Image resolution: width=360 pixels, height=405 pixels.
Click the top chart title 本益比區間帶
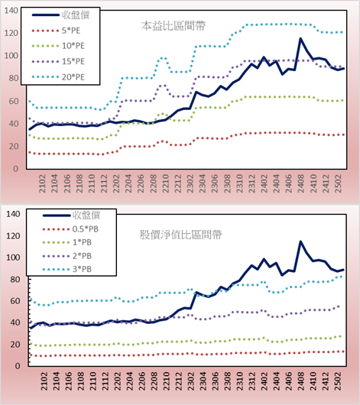click(x=174, y=26)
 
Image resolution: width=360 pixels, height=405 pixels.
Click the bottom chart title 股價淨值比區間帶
click(x=180, y=235)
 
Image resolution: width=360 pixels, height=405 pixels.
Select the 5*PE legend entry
click(x=56, y=31)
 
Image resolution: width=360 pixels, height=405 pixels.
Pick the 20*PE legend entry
click(x=58, y=77)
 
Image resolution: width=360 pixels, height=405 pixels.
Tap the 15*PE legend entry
click(x=58, y=61)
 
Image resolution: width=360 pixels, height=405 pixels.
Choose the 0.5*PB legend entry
click(x=70, y=229)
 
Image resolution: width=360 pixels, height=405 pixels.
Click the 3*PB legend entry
click(x=67, y=269)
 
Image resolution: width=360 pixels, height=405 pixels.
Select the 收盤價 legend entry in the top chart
click(x=60, y=15)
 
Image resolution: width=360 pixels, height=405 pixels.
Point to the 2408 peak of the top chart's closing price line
click(x=300, y=39)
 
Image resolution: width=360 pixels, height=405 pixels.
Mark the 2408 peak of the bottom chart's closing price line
click(x=300, y=241)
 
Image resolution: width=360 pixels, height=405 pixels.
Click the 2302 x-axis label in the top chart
click(x=190, y=183)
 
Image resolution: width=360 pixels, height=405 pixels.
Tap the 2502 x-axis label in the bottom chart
click(x=339, y=381)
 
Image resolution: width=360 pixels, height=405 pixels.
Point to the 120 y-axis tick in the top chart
click(x=11, y=33)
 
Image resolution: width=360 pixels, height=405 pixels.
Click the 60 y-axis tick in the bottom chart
click(x=15, y=301)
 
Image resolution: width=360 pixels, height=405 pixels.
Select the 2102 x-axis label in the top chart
click(x=42, y=183)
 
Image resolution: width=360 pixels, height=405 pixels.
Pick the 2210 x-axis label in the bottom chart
click(x=166, y=381)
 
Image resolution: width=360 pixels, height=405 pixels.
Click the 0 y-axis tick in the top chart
click(x=16, y=169)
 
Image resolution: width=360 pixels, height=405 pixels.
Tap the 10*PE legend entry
click(x=58, y=46)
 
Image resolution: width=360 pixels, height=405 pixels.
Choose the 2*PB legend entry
click(x=67, y=256)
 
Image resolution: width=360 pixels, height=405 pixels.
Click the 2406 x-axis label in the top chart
click(x=289, y=183)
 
